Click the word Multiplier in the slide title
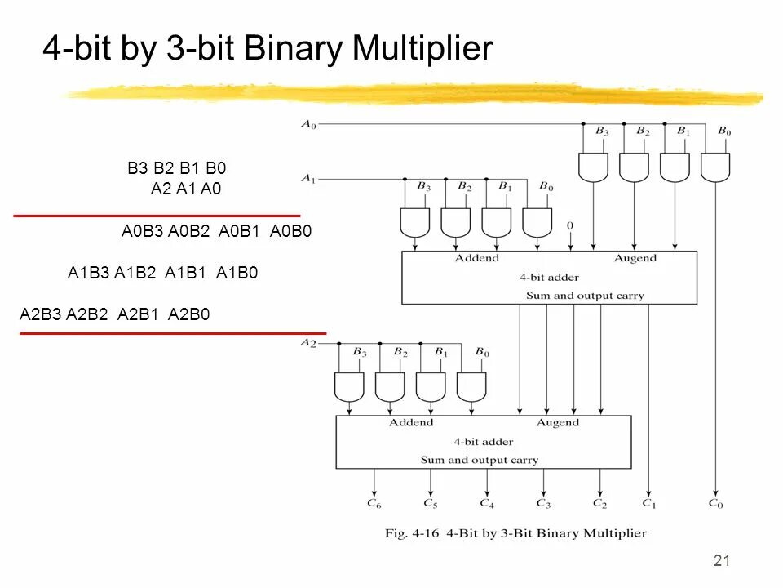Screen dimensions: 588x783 [x=423, y=50]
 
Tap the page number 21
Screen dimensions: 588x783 [x=721, y=560]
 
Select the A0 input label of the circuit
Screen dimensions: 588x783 [x=307, y=124]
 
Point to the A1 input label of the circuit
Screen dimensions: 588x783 [x=307, y=178]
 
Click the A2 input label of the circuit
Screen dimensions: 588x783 [x=307, y=343]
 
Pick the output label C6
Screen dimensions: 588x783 [x=374, y=504]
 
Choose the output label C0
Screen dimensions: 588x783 [x=715, y=504]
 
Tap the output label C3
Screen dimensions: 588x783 [x=543, y=504]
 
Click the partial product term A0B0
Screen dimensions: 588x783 [x=291, y=232]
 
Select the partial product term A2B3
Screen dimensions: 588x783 [x=41, y=314]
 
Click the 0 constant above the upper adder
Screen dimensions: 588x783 [x=570, y=224]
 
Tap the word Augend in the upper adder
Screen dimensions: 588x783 [x=635, y=258]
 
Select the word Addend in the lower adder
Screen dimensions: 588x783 [x=410, y=423]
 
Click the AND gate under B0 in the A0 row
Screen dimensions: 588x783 [x=716, y=167]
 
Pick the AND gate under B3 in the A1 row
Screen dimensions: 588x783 [x=415, y=221]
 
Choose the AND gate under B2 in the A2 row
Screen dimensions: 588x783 [x=390, y=386]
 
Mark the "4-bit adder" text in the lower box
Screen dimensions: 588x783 [x=484, y=441]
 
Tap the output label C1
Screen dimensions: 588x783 [x=648, y=504]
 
